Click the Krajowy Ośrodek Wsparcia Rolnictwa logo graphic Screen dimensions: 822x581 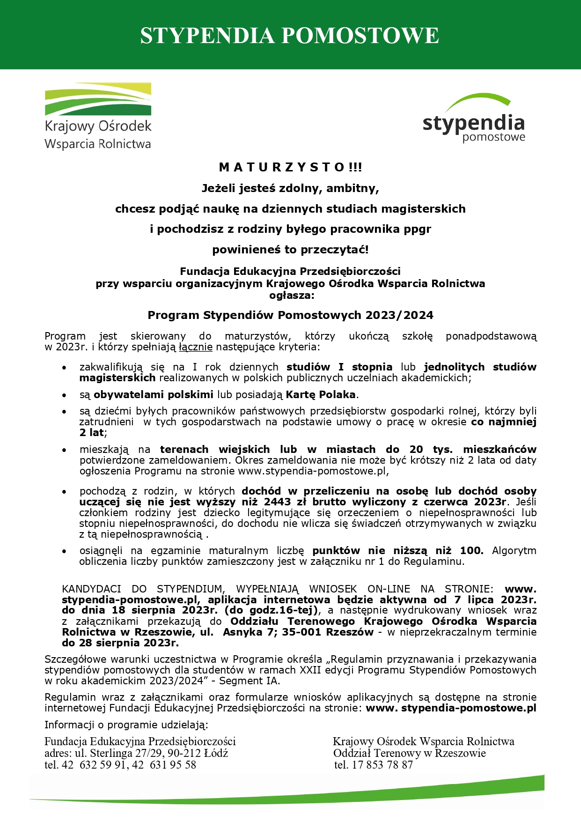point(98,99)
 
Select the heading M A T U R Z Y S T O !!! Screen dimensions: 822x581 point(290,167)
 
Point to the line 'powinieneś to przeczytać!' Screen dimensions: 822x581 point(290,250)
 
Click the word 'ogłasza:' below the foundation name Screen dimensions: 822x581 point(290,295)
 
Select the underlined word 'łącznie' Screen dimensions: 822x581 point(196,347)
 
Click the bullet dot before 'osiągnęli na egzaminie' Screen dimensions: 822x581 point(64,551)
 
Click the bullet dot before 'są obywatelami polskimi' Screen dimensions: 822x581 point(64,395)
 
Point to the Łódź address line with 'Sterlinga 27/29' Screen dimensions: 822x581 point(136,753)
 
